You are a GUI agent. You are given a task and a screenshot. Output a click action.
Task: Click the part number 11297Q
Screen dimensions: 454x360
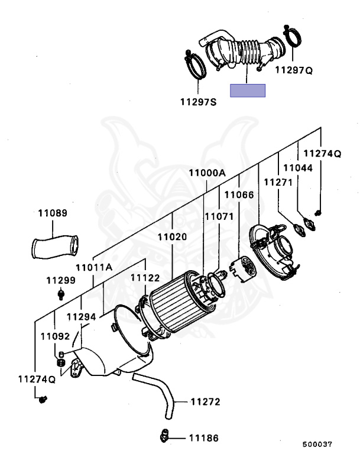[294, 70]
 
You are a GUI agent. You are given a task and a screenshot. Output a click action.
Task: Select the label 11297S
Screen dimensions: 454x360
[199, 102]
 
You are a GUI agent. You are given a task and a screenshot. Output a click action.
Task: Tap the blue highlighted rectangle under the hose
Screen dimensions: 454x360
[248, 90]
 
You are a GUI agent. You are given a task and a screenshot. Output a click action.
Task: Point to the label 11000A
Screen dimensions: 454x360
[207, 173]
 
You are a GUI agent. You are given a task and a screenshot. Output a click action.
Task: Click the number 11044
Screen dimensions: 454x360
[296, 168]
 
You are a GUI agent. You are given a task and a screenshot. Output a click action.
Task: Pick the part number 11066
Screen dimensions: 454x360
[239, 194]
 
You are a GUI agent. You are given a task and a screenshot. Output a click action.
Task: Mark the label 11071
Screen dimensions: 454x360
[219, 216]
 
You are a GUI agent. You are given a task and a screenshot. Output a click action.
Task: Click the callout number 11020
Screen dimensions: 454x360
[172, 236]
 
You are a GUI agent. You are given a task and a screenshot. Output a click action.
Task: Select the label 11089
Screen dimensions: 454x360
[53, 213]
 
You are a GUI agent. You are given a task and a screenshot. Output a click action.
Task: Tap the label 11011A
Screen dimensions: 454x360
[93, 267]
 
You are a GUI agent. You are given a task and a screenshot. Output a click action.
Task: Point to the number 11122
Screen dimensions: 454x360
[145, 277]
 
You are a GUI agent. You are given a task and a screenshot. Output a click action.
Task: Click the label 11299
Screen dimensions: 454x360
[61, 280]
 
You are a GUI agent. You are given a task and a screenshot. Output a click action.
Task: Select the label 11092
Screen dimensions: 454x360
[55, 336]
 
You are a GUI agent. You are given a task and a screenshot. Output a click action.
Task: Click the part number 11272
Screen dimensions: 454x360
[205, 402]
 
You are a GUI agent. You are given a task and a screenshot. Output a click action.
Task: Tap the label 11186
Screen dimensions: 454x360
[203, 438]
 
